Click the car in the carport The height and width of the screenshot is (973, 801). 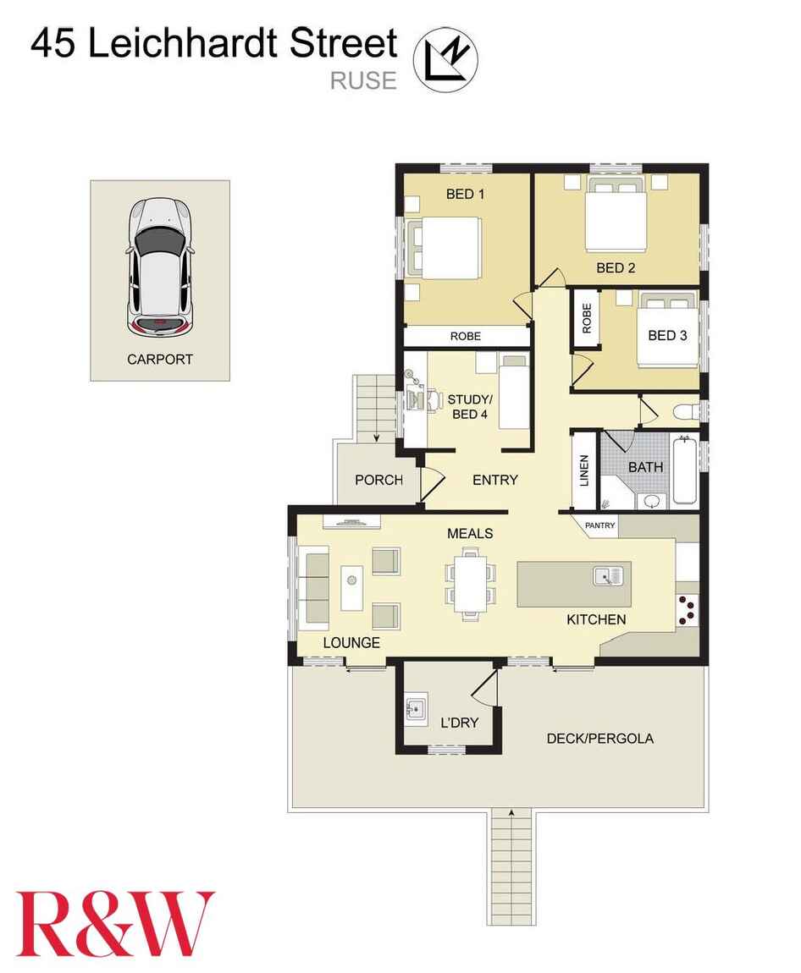[160, 267]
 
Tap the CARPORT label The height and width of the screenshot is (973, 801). [159, 360]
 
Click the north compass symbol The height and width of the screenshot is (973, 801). [446, 60]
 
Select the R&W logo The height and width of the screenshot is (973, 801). [115, 923]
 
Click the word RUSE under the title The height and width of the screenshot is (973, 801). [363, 80]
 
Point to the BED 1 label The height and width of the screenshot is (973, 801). [465, 195]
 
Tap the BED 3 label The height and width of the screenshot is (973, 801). [667, 336]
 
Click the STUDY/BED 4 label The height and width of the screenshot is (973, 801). [470, 406]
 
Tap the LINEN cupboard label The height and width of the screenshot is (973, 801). [583, 470]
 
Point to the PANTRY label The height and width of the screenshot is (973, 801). [599, 525]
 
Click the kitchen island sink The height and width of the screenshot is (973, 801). [608, 576]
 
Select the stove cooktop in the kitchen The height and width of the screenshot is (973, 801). [688, 611]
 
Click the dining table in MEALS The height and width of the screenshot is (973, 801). [470, 584]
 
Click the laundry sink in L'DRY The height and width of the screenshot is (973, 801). [417, 709]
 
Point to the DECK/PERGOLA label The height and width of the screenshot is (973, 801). [599, 739]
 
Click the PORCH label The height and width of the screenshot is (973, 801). [378, 480]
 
